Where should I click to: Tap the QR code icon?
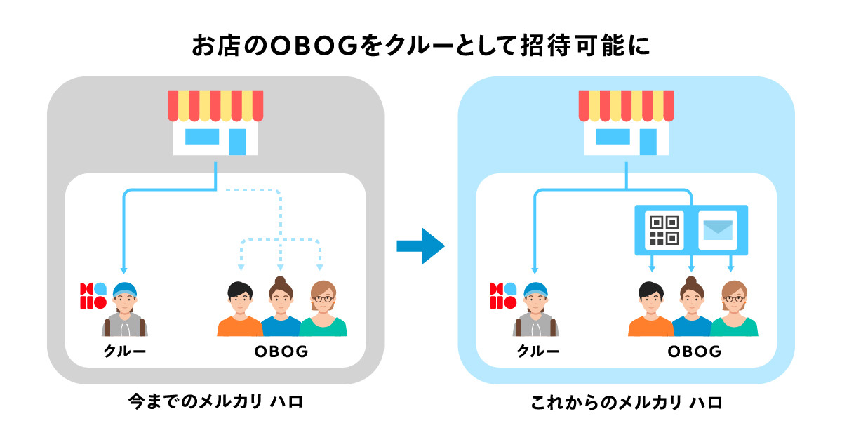pos(663,229)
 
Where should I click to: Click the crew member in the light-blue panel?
pos(536,309)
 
